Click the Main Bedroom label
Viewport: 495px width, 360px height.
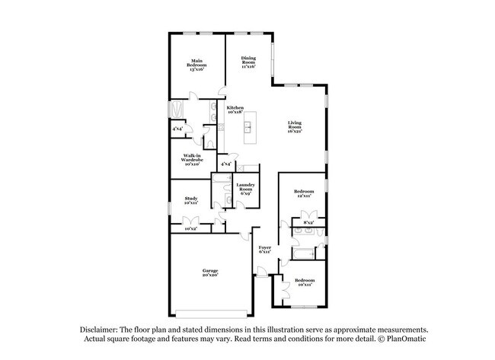pyautogui.click(x=197, y=63)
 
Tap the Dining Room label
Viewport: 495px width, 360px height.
pyautogui.click(x=248, y=62)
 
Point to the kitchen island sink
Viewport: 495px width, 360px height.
pyautogui.click(x=249, y=127)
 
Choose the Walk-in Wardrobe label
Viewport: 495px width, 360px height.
pyautogui.click(x=191, y=160)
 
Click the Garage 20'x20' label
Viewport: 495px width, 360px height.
pyautogui.click(x=210, y=272)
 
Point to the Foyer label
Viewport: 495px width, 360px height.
pyautogui.click(x=265, y=250)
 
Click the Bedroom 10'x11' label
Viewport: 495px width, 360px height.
pyautogui.click(x=305, y=282)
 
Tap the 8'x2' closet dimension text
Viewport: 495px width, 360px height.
pyautogui.click(x=309, y=223)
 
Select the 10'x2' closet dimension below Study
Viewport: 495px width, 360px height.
pyautogui.click(x=190, y=228)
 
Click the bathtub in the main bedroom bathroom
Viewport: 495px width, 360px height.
pyautogui.click(x=176, y=110)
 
